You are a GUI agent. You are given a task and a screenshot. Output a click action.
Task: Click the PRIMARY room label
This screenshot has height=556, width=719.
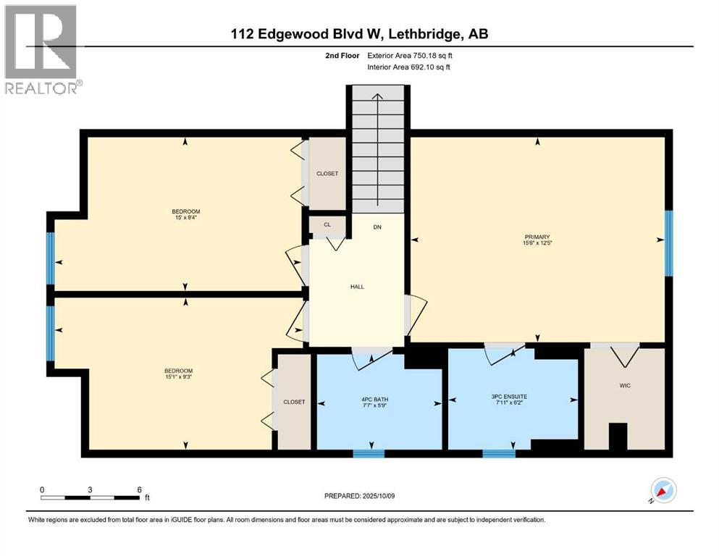click(538, 237)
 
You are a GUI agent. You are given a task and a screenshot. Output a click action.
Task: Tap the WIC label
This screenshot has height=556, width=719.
click(625, 385)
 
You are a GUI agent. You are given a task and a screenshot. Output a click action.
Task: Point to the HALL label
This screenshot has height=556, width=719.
click(357, 287)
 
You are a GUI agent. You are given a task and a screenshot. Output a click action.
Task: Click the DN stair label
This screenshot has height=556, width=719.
click(377, 227)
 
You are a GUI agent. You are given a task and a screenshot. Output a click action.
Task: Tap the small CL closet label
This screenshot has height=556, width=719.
click(327, 225)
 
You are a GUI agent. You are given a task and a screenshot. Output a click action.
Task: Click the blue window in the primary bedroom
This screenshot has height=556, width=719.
click(668, 243)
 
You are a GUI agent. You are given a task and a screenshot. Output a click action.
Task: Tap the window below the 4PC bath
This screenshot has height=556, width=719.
click(369, 454)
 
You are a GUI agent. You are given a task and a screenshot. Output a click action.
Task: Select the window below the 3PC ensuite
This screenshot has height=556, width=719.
click(499, 454)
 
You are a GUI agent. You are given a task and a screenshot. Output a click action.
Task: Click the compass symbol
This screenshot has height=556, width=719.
click(663, 491)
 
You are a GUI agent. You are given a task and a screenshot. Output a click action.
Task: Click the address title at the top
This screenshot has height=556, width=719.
click(359, 34)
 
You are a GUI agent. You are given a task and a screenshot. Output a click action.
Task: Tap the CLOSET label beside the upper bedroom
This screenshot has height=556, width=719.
click(327, 174)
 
